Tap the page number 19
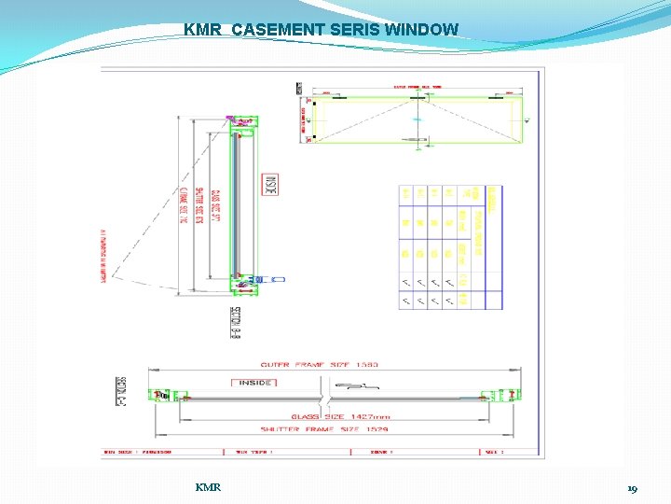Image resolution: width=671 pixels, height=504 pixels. point(632,488)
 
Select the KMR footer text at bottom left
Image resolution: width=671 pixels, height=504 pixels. point(208,487)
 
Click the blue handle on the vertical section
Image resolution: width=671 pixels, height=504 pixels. point(278,278)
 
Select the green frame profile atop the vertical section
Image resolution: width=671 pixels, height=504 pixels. point(244,122)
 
